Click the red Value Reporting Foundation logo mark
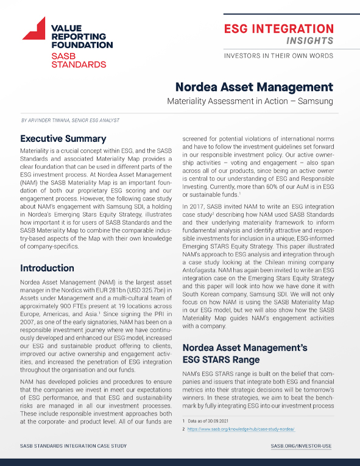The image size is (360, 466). (x=34, y=28)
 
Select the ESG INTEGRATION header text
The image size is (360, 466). (x=279, y=29)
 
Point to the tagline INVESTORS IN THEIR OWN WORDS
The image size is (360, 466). (x=279, y=55)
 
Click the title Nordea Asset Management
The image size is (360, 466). (x=254, y=87)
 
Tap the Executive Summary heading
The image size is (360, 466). (x=63, y=138)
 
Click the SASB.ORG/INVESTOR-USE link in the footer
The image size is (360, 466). (x=301, y=446)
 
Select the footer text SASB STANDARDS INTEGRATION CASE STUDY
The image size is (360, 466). (x=74, y=446)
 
